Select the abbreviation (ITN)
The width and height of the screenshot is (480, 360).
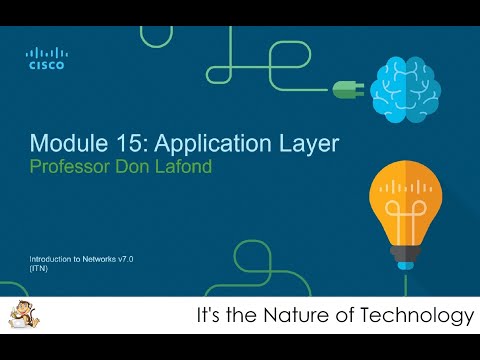(37, 269)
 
